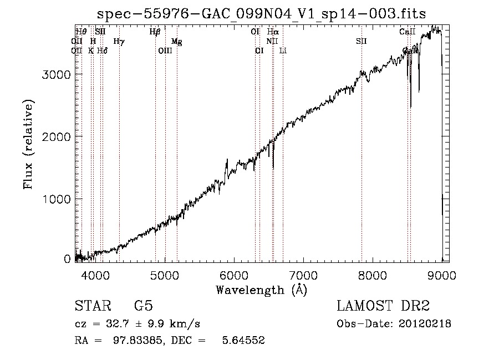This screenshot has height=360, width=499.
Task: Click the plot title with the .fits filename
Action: (262, 14)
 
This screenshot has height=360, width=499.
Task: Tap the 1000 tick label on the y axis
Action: (57, 199)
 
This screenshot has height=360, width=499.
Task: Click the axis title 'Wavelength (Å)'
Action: (261, 290)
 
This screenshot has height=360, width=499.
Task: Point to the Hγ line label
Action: (119, 41)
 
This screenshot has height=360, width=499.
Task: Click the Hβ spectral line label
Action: (155, 32)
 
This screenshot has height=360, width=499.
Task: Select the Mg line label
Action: (176, 41)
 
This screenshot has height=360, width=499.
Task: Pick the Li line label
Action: (283, 50)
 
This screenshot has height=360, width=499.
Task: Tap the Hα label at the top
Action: (272, 32)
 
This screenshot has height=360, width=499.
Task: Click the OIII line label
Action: (165, 50)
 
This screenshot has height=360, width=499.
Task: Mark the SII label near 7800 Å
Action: (361, 41)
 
